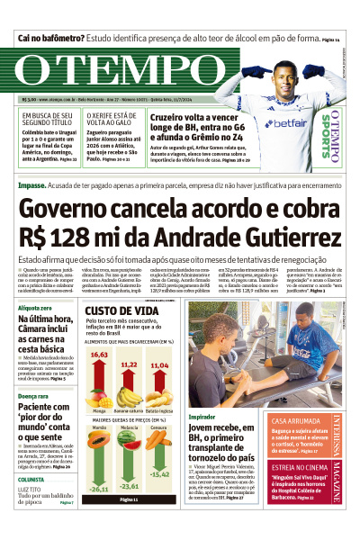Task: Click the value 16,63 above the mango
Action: click(99, 354)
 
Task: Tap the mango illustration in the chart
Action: click(99, 394)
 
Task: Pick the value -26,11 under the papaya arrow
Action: click(99, 489)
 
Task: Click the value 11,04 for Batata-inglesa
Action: click(159, 366)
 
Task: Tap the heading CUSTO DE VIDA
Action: click(121, 310)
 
